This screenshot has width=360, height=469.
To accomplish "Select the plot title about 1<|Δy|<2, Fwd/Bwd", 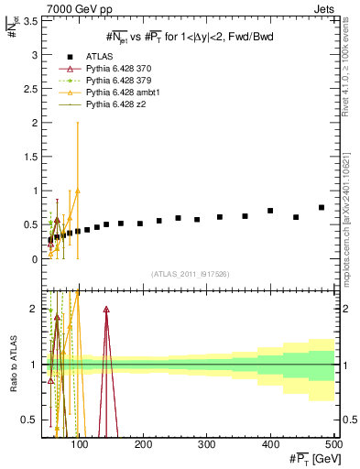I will (x=191, y=36).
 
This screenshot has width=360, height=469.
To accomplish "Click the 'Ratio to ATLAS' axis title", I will (x=13, y=365).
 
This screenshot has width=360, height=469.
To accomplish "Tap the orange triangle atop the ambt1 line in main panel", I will (x=78, y=191).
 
